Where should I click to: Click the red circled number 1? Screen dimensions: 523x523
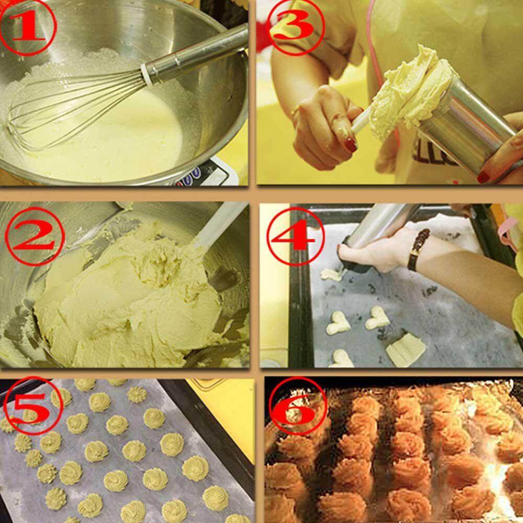tap(28, 27)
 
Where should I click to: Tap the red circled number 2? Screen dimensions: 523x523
tap(35, 236)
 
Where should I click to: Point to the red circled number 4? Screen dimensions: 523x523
tap(296, 236)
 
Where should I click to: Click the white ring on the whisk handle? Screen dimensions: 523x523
tap(146, 75)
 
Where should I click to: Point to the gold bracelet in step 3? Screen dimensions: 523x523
tap(295, 113)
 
